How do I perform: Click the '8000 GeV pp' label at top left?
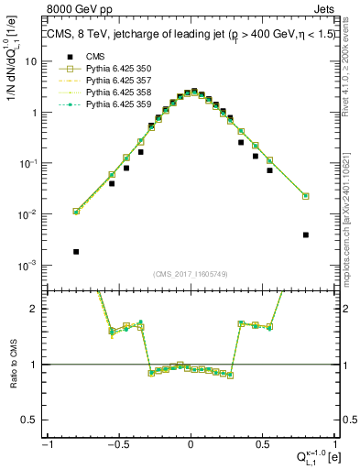click(76, 8)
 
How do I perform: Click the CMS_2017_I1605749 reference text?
click(191, 274)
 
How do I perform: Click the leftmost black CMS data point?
click(76, 251)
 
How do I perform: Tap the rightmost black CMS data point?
click(306, 234)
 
